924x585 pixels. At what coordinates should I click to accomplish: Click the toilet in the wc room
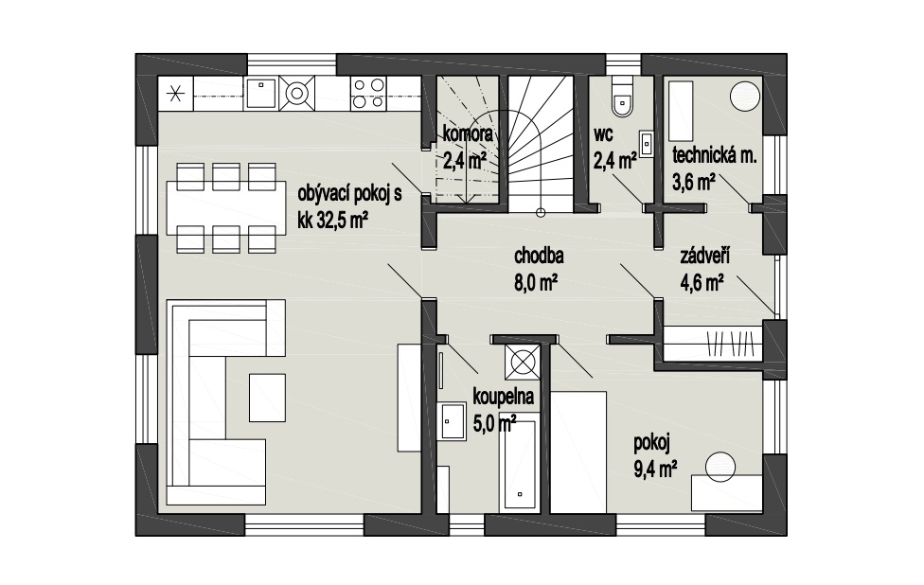(x=622, y=97)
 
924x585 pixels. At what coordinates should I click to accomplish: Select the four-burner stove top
(x=368, y=93)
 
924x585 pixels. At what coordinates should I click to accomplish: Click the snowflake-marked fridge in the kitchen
(x=175, y=94)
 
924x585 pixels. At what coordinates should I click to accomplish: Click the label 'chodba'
(x=539, y=257)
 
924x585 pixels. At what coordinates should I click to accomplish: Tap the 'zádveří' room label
(x=704, y=257)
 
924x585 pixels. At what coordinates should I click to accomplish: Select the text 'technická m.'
(x=714, y=155)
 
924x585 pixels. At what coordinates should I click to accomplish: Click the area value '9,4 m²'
(x=655, y=470)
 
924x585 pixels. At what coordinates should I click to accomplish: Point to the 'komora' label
(x=468, y=133)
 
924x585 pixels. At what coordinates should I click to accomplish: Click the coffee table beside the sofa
(x=268, y=398)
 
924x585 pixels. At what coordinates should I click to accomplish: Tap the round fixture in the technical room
(x=745, y=95)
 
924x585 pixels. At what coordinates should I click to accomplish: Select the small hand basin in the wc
(x=647, y=143)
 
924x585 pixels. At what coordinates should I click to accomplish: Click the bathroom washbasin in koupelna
(x=453, y=420)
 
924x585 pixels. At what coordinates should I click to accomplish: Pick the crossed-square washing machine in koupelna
(x=522, y=362)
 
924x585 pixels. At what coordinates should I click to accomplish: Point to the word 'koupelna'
(x=504, y=397)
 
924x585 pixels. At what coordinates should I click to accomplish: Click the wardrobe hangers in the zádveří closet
(x=730, y=343)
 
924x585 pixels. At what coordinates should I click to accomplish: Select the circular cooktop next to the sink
(x=296, y=93)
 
